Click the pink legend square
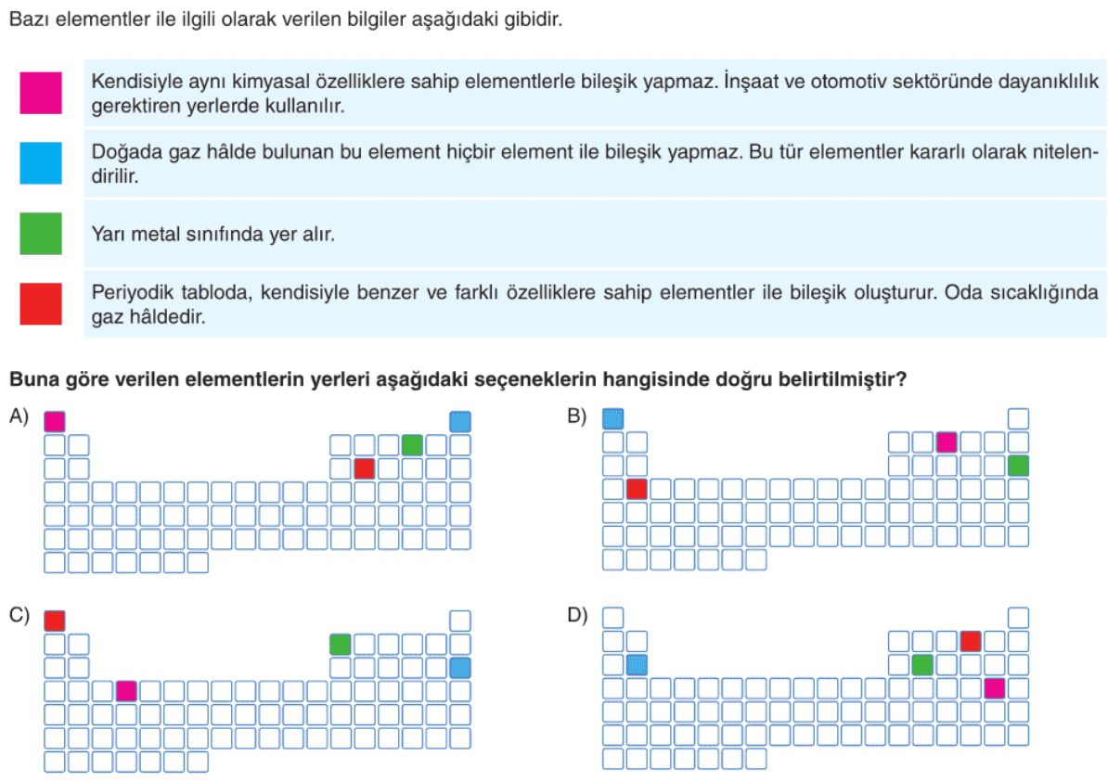41,93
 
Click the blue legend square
41,163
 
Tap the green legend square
41,233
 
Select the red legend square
41,303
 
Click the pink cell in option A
55,421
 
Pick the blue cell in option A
460,421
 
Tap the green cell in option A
412,445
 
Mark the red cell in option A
364,468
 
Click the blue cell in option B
612,418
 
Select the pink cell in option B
947,442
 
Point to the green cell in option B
1018,466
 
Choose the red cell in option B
637,489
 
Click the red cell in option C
55,621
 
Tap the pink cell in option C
126,691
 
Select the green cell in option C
340,644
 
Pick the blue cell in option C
460,667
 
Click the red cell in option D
971,641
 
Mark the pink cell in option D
994,688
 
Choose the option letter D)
577,615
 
